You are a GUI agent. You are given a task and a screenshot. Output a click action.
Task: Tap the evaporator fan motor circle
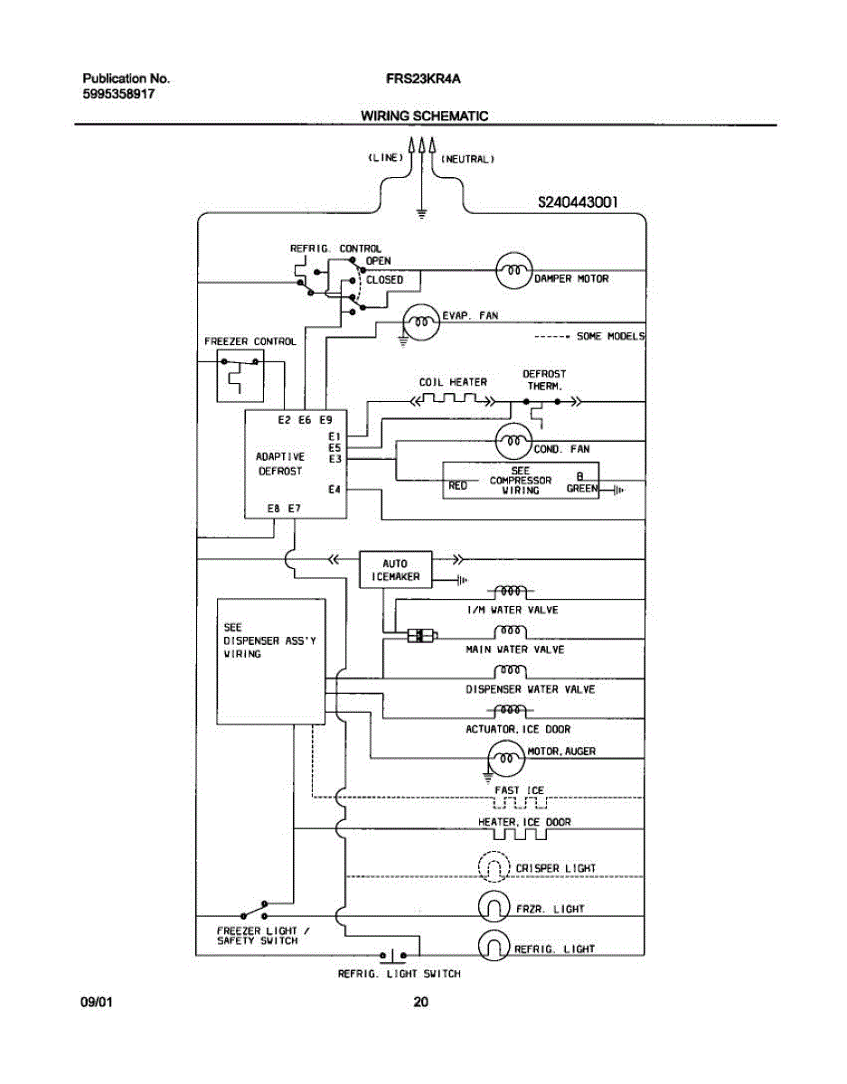(x=419, y=323)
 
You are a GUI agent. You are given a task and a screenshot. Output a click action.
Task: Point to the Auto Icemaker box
(x=395, y=569)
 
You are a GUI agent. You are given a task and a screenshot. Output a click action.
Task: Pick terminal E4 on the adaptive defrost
(x=334, y=490)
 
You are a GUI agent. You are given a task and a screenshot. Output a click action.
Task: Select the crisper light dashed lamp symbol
(x=494, y=868)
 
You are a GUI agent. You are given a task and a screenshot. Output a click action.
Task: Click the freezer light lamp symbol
(x=494, y=907)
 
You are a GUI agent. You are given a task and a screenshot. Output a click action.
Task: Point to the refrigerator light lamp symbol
(x=494, y=945)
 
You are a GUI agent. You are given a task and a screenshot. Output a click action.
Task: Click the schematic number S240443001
(x=577, y=203)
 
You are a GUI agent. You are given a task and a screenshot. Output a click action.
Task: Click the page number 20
(x=420, y=1002)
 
